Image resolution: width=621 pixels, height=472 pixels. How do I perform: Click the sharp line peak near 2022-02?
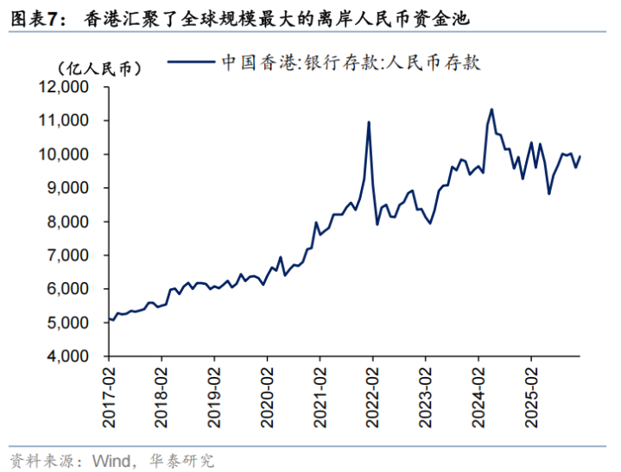(369, 123)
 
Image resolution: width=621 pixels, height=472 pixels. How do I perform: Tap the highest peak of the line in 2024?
(491, 110)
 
